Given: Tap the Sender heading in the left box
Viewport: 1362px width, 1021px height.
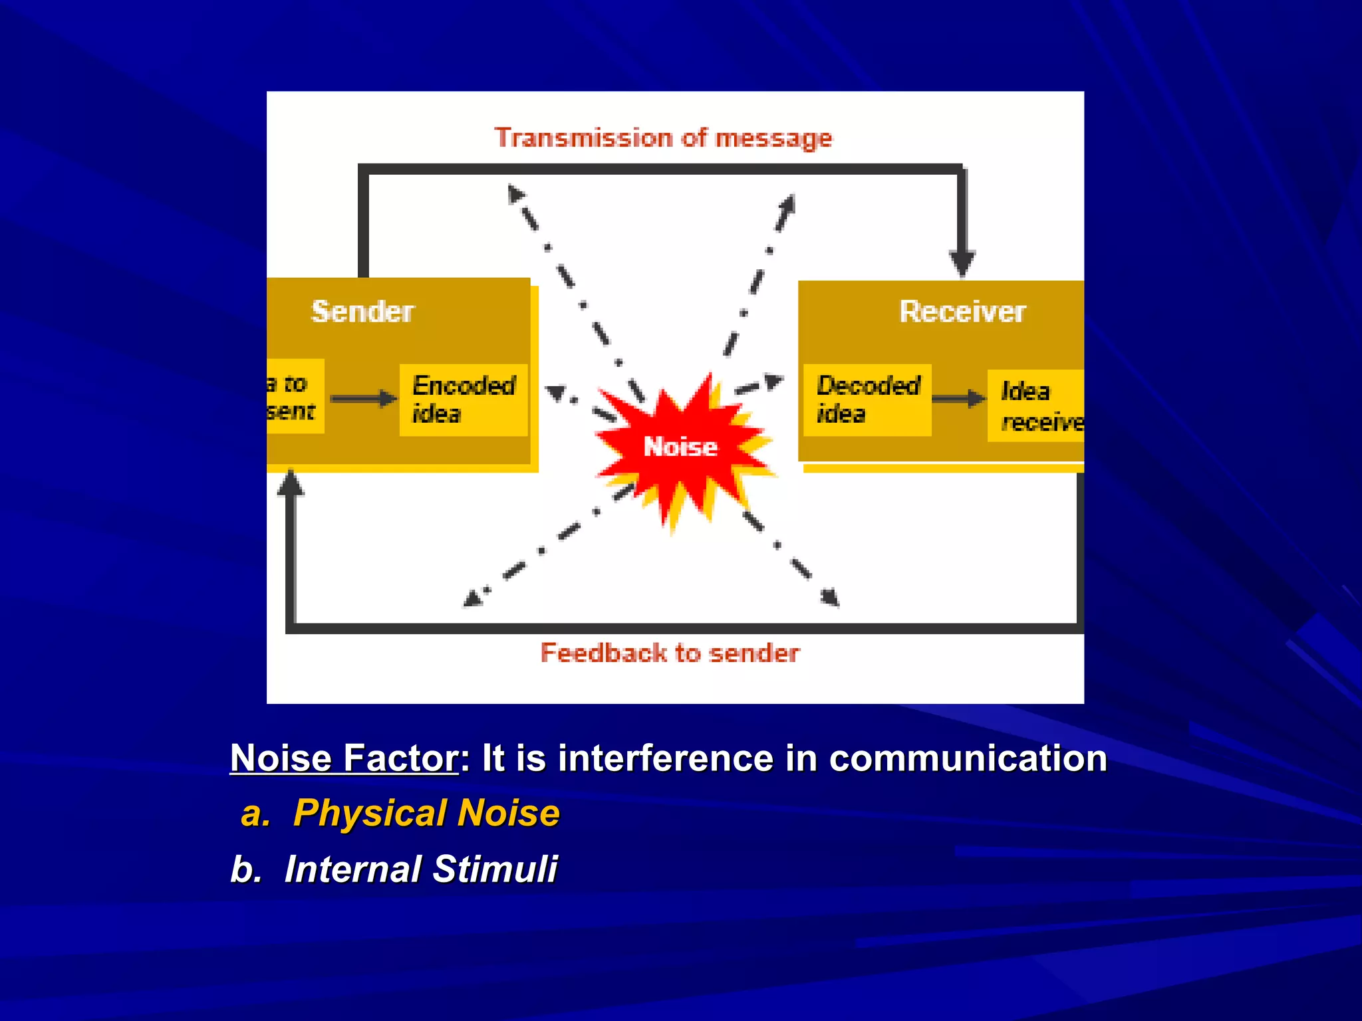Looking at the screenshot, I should click(x=362, y=312).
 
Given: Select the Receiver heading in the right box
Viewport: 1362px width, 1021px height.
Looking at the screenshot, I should click(x=962, y=312).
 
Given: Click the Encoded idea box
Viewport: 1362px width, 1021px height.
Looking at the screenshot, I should click(x=464, y=399).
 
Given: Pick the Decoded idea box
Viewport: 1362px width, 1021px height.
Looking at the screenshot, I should click(x=867, y=399).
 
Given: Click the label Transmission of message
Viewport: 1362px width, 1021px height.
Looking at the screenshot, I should click(x=663, y=138).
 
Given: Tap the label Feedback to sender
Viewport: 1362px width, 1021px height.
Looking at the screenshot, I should click(x=670, y=653).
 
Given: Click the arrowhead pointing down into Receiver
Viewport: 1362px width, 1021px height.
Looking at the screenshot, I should click(x=962, y=263).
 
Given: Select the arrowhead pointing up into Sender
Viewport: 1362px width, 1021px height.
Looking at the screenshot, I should click(x=291, y=483).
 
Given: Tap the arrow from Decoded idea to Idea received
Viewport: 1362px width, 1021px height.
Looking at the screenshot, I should click(x=958, y=399).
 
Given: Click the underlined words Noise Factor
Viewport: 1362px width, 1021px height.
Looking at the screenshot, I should click(x=344, y=758).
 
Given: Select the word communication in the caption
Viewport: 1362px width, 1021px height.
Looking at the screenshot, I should click(x=968, y=758).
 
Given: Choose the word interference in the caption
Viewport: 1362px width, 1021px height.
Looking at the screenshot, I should click(x=666, y=758).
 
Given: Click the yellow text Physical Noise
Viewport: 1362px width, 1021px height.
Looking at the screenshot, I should click(x=426, y=813).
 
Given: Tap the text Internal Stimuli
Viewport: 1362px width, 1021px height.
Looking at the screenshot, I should click(x=421, y=869).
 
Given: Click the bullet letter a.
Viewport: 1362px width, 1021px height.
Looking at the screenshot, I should click(x=255, y=814).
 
